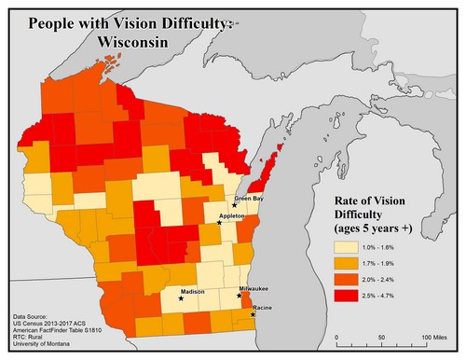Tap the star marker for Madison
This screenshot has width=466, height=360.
181,299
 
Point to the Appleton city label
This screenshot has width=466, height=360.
231,215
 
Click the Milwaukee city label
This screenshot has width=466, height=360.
256,290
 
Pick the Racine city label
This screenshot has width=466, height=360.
263,307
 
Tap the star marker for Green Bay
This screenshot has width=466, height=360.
235,205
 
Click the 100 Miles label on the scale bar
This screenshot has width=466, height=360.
435,336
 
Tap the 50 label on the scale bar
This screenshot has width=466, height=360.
382,336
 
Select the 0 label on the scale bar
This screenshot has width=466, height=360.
332,336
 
